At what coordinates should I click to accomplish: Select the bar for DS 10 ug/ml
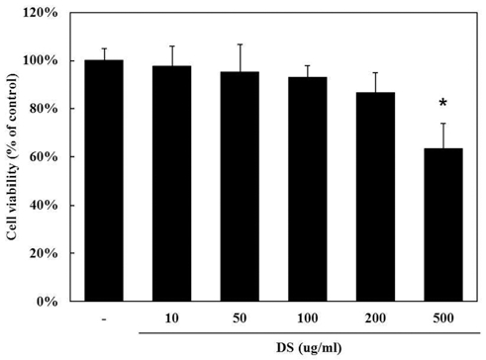pyautogui.click(x=171, y=183)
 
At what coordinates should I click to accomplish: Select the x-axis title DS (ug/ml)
pyautogui.click(x=306, y=347)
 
